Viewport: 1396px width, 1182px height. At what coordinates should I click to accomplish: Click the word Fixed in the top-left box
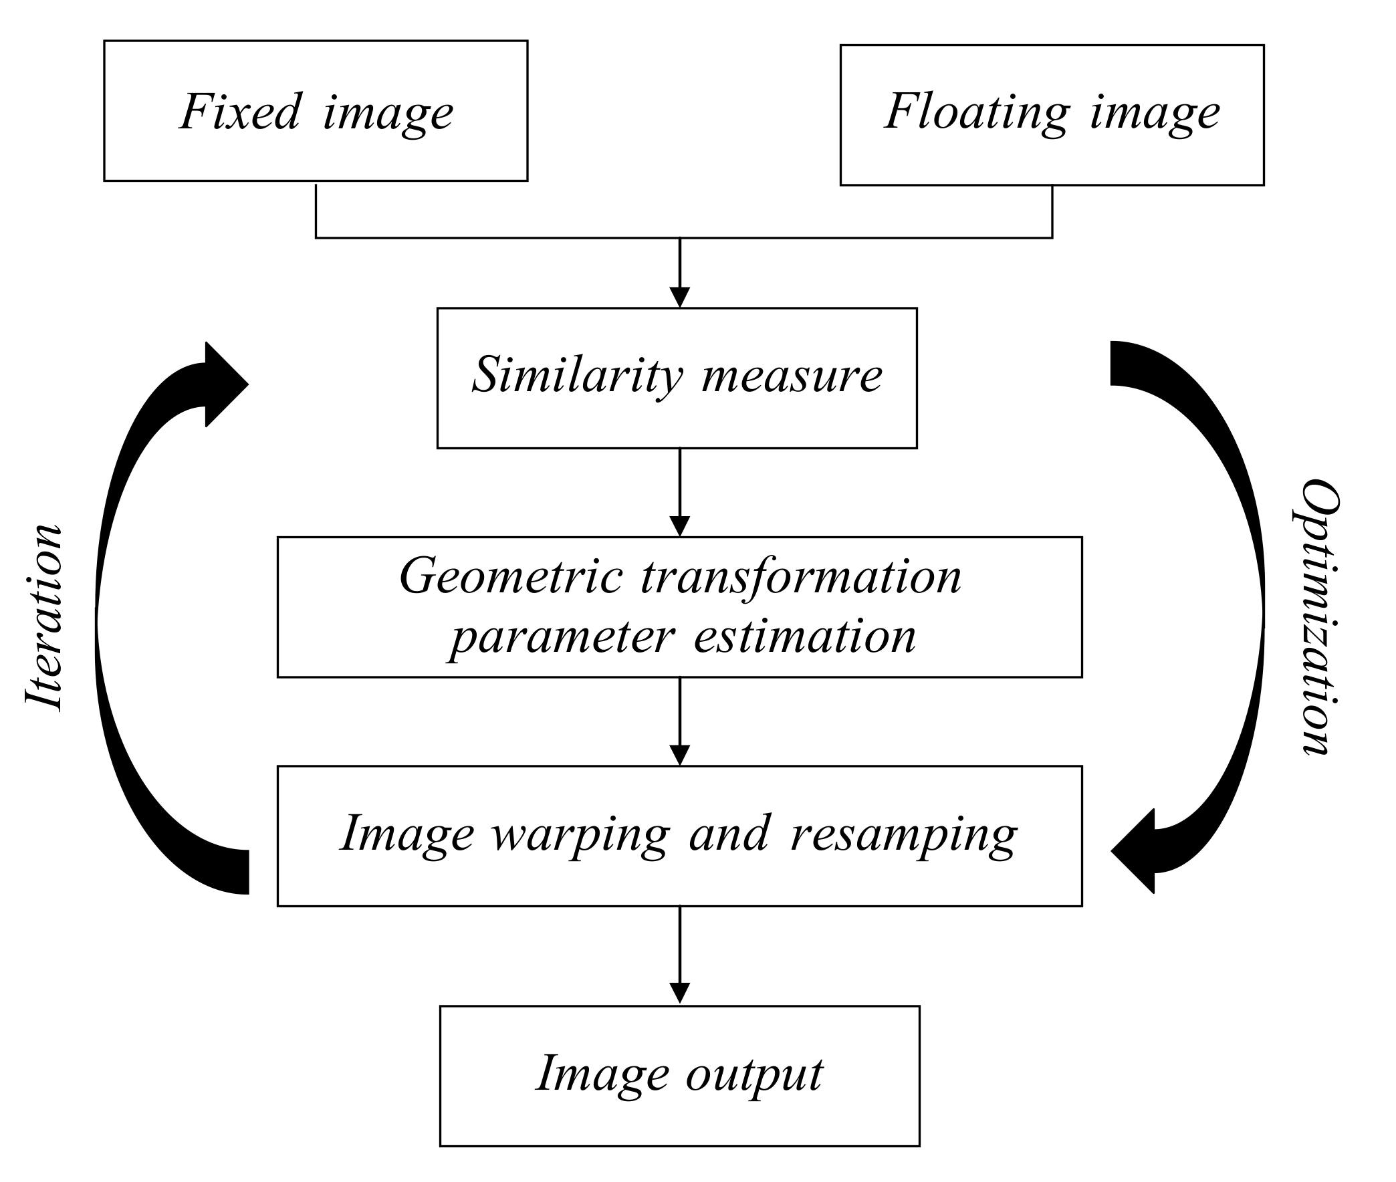240,112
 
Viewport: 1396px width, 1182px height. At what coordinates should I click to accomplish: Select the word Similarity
578,375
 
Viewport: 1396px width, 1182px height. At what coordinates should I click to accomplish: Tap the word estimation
804,636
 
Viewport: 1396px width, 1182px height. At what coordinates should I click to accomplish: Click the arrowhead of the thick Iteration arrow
225,384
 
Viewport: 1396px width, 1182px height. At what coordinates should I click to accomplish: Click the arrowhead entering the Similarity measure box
679,297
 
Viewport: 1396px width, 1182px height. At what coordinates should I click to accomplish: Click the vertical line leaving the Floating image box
1052,211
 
